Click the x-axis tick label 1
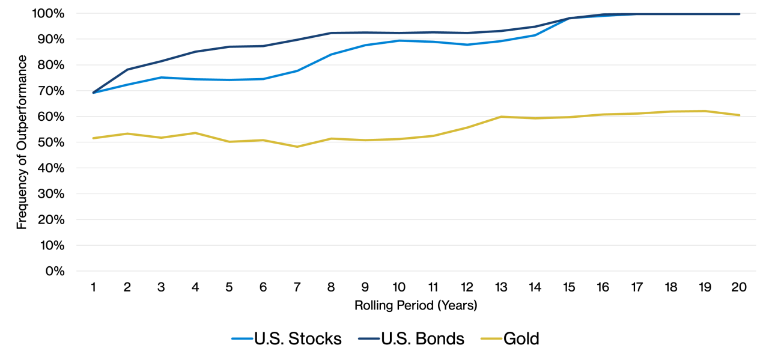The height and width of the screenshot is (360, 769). [x=94, y=287]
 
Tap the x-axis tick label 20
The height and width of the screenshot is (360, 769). [x=739, y=287]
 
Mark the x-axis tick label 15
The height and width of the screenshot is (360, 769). [x=569, y=287]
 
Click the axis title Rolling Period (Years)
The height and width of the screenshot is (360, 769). [x=416, y=305]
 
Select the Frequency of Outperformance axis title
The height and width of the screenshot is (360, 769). [x=22, y=142]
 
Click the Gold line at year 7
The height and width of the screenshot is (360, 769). [x=297, y=147]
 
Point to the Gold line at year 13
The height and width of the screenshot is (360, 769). [x=501, y=117]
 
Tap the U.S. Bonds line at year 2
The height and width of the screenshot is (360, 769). [x=127, y=70]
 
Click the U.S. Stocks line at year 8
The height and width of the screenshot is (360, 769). [x=332, y=55]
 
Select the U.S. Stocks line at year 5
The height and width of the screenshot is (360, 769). [x=229, y=80]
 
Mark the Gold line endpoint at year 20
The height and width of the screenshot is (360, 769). [x=739, y=115]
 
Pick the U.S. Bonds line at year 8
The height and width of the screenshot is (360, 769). [x=332, y=33]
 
